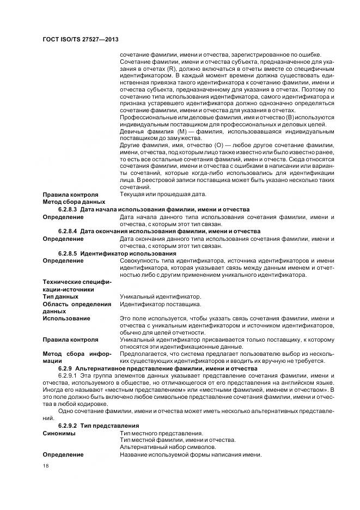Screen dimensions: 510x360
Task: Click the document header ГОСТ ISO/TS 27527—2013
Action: (x=81, y=40)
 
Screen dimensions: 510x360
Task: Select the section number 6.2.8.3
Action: (x=68, y=209)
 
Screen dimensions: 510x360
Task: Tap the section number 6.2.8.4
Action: (x=68, y=231)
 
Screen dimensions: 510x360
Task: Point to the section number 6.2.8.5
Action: (x=68, y=253)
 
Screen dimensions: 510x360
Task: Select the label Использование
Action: (x=66, y=318)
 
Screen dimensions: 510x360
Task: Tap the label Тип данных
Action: (x=61, y=296)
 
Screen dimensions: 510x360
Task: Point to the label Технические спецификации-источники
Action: (x=76, y=286)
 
